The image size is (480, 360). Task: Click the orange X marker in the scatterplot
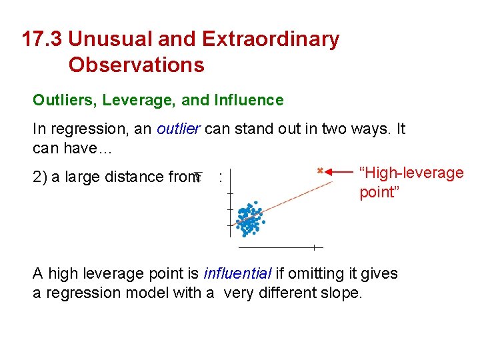point(320,171)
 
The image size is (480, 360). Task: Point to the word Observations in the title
point(136,65)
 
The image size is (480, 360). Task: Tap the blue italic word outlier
point(179,129)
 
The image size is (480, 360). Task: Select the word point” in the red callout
point(377,193)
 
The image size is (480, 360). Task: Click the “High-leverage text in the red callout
point(411,173)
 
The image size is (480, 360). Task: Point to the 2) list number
point(39,177)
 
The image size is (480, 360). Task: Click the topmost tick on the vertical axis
point(229,193)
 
